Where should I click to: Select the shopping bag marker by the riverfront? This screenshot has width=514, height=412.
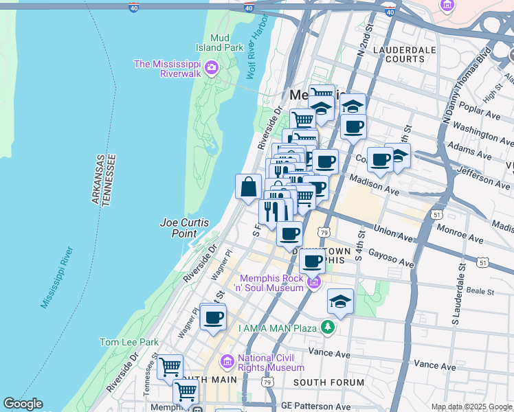(x=248, y=186)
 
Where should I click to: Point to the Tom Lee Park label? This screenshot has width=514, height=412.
(x=128, y=342)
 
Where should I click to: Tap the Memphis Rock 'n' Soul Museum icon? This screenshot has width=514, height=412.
(x=314, y=282)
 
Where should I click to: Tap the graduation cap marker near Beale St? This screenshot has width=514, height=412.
(x=339, y=302)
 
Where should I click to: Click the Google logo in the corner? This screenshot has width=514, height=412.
(x=23, y=404)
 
